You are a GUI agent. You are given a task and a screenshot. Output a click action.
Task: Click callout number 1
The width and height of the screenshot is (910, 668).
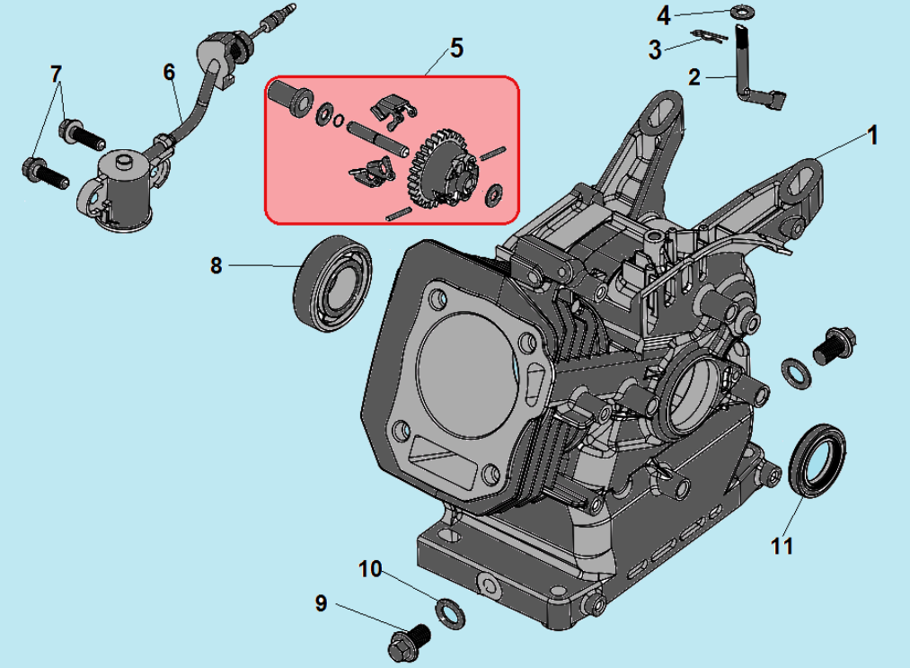point(871,136)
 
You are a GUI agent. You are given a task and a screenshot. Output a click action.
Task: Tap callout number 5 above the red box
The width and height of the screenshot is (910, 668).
point(456,48)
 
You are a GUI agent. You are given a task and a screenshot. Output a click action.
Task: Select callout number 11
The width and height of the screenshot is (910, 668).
point(782,545)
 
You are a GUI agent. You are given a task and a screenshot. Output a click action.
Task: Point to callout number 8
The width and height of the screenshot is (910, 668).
point(216,266)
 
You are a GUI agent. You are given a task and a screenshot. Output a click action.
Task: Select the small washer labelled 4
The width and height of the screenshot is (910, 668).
point(742,13)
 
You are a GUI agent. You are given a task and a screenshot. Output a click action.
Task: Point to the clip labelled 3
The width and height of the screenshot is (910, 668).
point(709,36)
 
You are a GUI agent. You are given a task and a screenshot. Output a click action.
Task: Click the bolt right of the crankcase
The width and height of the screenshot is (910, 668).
point(833,346)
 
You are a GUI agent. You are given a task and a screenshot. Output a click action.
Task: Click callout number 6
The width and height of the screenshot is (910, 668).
point(169,72)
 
